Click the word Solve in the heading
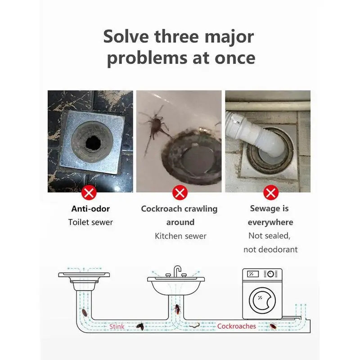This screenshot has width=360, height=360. click(127, 36)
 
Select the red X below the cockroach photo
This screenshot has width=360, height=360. click(180, 194)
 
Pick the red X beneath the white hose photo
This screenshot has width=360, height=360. click(270, 194)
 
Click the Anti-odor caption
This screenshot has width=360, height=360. click(90, 209)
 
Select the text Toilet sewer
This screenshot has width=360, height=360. click(90, 222)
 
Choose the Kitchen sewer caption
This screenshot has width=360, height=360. click(180, 236)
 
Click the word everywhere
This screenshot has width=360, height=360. click(270, 222)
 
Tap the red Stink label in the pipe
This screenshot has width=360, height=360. click(117, 326)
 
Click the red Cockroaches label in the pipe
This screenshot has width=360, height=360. click(236, 326)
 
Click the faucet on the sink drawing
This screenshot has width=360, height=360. click(178, 271)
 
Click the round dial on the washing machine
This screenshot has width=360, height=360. click(270, 274)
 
